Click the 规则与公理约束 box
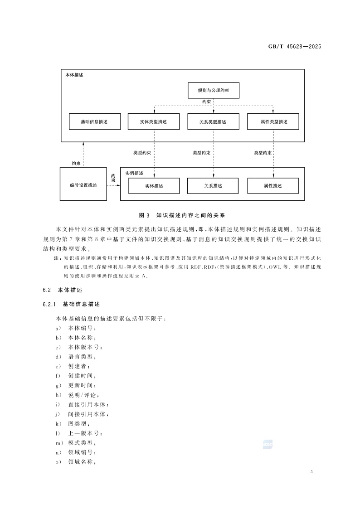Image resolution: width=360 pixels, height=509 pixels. [x=213, y=91]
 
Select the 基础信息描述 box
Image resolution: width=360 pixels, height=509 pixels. [x=94, y=122]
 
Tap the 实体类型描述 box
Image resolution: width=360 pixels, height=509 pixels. [x=154, y=122]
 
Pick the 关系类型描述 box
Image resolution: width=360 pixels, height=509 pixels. [x=213, y=122]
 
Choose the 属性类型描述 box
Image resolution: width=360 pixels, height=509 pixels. [x=273, y=122]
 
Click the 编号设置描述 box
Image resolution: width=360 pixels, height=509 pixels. [x=83, y=185]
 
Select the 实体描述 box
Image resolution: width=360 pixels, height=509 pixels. [x=154, y=186]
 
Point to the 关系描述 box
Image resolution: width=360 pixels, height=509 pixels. [x=213, y=186]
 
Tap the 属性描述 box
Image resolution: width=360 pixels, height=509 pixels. [x=273, y=186]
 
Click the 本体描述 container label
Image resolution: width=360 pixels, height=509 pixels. [x=74, y=75]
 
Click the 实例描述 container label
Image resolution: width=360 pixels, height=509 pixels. [x=134, y=173]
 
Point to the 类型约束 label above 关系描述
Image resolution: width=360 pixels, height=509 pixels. [x=201, y=153]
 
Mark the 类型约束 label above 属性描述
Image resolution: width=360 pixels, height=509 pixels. [x=263, y=153]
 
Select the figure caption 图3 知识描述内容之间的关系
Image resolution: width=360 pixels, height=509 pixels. [x=180, y=215]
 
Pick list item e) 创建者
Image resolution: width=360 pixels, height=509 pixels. [x=73, y=366]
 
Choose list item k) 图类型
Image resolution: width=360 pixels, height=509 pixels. [x=73, y=424]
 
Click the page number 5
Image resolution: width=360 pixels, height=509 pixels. [x=312, y=472]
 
